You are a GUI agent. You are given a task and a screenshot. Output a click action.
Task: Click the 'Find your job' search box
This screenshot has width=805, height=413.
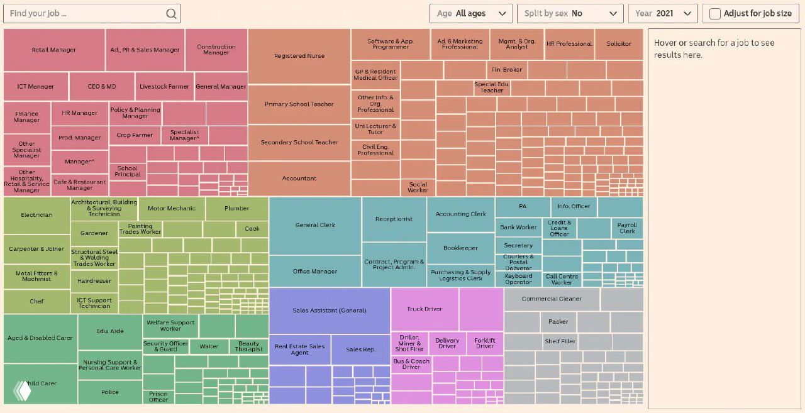click(85, 13)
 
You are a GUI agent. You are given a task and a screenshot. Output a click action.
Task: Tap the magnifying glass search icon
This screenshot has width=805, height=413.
click(171, 14)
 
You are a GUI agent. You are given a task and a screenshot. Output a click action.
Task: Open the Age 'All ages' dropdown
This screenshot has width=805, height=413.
click(471, 13)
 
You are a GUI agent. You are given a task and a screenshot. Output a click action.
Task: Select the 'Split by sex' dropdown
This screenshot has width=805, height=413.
click(570, 13)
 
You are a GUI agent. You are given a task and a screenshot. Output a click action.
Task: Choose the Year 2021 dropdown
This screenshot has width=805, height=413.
click(663, 13)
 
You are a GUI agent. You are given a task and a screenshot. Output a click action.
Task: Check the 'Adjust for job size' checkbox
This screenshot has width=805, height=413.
click(715, 14)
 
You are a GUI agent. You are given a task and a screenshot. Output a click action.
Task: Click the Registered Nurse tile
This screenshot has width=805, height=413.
click(299, 56)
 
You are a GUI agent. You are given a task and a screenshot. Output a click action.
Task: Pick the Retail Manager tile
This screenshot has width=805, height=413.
click(54, 50)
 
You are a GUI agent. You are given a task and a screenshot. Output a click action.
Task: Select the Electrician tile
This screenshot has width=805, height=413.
click(36, 215)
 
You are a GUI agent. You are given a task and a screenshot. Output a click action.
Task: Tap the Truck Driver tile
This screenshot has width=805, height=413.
click(425, 309)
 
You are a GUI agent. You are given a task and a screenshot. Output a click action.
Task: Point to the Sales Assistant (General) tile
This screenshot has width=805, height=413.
click(330, 311)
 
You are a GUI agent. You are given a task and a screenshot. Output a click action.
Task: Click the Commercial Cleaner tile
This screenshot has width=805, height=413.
click(552, 299)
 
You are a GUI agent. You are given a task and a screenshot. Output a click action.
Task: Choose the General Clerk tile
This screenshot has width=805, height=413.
click(315, 225)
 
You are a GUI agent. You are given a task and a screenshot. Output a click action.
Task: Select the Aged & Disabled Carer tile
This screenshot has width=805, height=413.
click(40, 338)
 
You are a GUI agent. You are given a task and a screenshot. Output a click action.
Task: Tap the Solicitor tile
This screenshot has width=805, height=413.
click(619, 44)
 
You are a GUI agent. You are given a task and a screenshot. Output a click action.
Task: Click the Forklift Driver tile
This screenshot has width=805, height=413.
click(485, 343)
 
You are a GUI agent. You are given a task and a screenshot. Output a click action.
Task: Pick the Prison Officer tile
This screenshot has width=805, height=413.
click(158, 397)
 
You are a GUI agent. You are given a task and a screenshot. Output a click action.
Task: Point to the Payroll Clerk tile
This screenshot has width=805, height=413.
click(627, 228)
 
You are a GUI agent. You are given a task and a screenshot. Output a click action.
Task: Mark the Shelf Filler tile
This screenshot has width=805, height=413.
click(560, 341)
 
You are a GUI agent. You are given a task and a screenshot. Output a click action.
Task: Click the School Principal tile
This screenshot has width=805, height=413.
click(127, 171)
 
